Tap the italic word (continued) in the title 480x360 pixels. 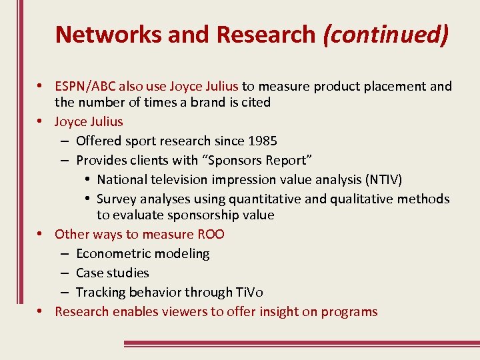tap(385, 34)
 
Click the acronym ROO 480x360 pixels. tap(211, 234)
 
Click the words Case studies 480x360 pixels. tap(112, 273)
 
